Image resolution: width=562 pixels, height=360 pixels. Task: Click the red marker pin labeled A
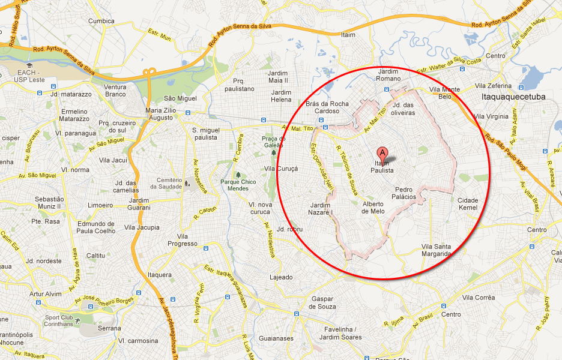click(382, 153)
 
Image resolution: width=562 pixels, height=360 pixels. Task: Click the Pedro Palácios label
click(404, 193)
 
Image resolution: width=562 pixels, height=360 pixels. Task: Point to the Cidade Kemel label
click(468, 204)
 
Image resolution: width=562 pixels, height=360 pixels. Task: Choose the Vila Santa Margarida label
click(436, 250)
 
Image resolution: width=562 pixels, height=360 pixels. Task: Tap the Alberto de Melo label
click(373, 207)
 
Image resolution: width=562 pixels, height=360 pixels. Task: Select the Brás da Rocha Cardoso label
click(327, 107)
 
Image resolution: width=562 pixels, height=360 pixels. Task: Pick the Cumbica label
click(101, 21)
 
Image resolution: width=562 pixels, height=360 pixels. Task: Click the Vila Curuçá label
click(280, 169)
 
